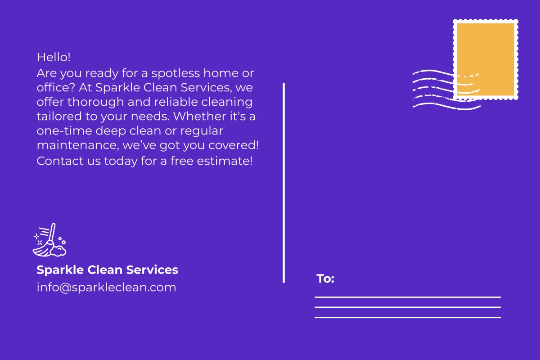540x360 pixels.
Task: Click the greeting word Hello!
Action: (x=54, y=57)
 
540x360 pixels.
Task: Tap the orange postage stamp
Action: (x=486, y=59)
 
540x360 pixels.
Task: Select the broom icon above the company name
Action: (x=49, y=240)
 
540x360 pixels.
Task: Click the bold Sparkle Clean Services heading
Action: (x=107, y=270)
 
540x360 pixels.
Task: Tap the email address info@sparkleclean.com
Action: (x=106, y=287)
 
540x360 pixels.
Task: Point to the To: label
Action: (x=325, y=279)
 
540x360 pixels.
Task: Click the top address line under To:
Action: (x=407, y=297)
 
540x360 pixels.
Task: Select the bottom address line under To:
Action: (x=407, y=317)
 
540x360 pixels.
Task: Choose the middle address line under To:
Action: (x=407, y=307)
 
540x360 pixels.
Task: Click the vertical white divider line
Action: (x=284, y=182)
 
